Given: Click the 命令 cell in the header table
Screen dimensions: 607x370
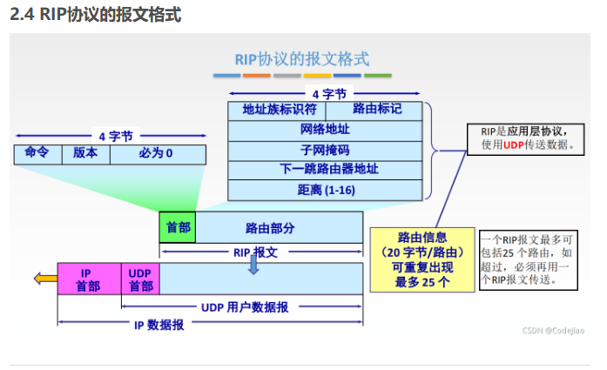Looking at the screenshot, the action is point(38,154).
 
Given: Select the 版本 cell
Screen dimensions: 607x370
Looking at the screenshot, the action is point(86,154).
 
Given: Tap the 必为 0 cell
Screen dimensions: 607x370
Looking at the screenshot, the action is point(158,154).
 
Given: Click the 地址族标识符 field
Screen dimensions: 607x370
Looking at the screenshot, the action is point(277,111).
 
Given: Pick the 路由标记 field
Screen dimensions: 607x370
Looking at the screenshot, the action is point(374,111).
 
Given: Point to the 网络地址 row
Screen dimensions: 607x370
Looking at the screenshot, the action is point(325,131).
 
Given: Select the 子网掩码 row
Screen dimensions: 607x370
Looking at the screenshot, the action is point(325,151).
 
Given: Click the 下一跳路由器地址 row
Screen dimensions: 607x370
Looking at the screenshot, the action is point(325,171).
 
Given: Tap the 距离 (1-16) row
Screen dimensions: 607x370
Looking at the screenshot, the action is point(325,191).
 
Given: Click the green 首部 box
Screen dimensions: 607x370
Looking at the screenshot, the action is point(178,227).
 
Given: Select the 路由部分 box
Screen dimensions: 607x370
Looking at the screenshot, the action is point(279,227).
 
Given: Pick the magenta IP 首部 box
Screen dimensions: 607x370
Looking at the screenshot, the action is point(90,279).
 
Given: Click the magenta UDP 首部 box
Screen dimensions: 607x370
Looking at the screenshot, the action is point(140,279).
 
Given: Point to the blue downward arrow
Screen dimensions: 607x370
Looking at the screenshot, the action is point(253,265).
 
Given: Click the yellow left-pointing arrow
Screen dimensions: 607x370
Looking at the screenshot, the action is point(45,279).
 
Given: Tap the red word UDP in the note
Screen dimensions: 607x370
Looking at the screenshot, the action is point(513,145).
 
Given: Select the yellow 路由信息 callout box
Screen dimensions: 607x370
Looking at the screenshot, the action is point(422,259).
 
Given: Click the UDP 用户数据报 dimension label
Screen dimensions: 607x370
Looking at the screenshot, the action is point(245,307).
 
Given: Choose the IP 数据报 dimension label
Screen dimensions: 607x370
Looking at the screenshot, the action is point(159,325).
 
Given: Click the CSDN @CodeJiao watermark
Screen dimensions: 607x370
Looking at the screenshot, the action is point(553,331).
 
